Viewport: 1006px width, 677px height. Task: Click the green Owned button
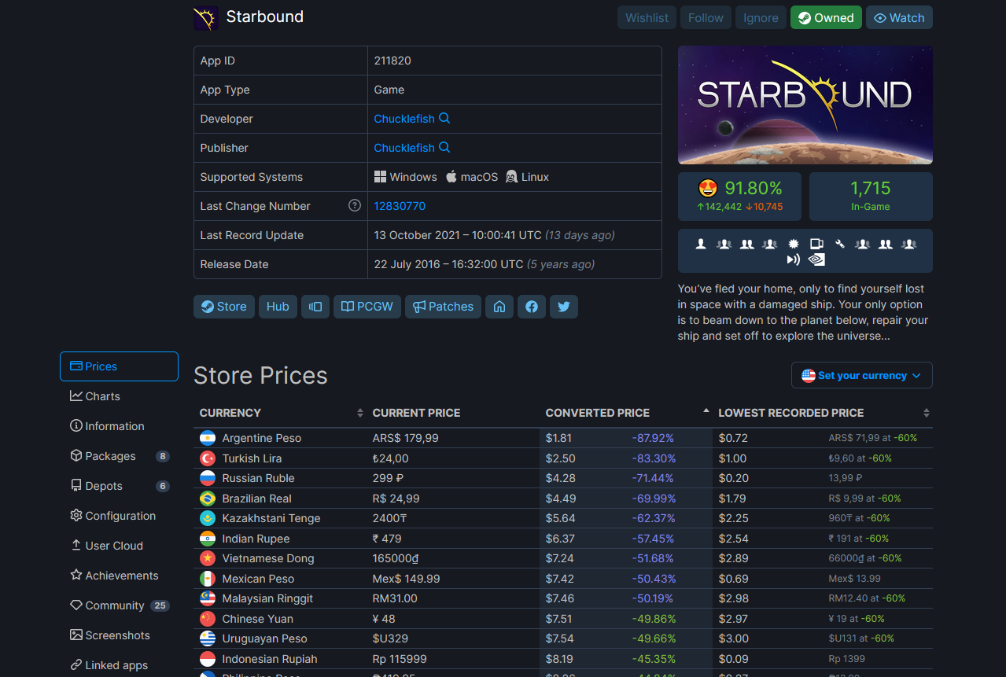(825, 17)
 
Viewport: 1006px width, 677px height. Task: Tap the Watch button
(899, 17)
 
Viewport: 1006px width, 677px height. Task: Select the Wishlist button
(647, 17)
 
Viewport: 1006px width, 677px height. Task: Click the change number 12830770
(400, 206)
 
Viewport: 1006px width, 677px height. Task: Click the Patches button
(443, 307)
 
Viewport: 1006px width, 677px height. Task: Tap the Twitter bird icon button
(564, 307)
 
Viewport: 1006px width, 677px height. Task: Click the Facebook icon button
(531, 307)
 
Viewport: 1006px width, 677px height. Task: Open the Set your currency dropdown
(861, 375)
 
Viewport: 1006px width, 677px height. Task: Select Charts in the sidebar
(94, 396)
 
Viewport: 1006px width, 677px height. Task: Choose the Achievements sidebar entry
(114, 575)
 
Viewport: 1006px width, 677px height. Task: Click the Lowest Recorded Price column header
(790, 413)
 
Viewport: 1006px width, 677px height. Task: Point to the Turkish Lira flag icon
(208, 458)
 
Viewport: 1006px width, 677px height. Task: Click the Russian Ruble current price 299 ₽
(388, 478)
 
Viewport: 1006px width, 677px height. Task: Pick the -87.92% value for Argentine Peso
(653, 438)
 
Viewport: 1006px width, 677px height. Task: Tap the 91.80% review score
(754, 188)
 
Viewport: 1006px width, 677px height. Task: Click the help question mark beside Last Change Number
(355, 205)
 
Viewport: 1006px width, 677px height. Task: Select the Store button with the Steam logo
(223, 307)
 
